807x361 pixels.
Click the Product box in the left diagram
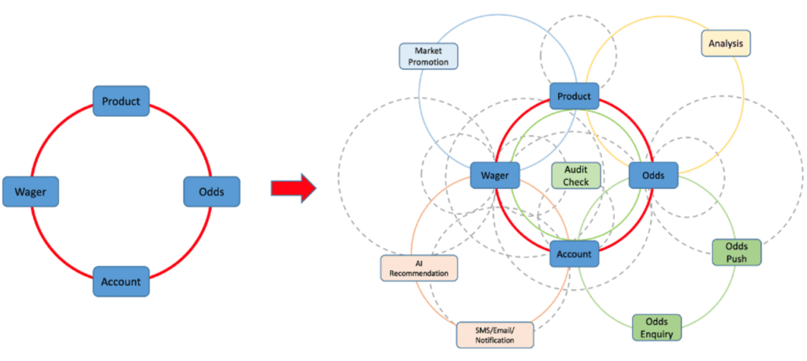(x=121, y=101)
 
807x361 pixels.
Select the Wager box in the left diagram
(x=31, y=192)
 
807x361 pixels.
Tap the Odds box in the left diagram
(x=211, y=192)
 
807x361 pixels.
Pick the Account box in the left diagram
(x=121, y=281)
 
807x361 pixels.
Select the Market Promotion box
(x=429, y=55)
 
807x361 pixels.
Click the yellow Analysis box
(x=726, y=43)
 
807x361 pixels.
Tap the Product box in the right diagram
(x=575, y=96)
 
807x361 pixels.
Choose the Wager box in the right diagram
(x=495, y=176)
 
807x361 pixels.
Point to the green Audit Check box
(x=576, y=176)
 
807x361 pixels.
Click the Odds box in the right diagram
(x=653, y=175)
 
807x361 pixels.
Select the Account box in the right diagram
(x=575, y=254)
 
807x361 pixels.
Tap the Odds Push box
(x=737, y=252)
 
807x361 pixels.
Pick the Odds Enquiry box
(x=656, y=327)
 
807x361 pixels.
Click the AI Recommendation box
(x=418, y=268)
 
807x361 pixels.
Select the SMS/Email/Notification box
(x=495, y=334)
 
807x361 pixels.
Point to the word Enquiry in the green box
(x=656, y=333)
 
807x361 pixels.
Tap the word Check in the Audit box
(x=576, y=182)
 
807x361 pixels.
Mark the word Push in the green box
(x=737, y=259)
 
